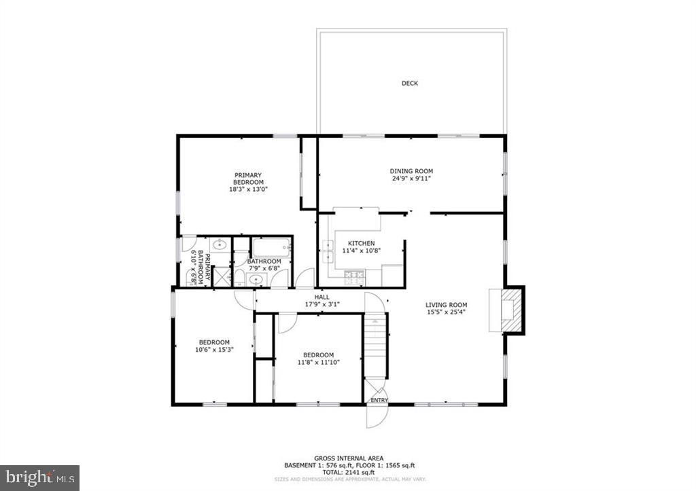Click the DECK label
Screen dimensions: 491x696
coord(409,84)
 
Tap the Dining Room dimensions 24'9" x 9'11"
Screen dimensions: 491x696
coord(411,179)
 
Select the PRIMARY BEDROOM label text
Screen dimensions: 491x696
coord(248,179)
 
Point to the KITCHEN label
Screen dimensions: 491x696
coord(361,243)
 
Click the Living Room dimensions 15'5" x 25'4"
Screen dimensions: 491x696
coord(446,313)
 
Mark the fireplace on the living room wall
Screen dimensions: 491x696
coord(508,310)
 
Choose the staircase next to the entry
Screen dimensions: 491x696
coord(375,346)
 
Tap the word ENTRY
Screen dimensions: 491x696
coord(379,401)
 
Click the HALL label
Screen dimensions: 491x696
coord(321,297)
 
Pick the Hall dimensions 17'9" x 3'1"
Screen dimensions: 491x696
coord(322,304)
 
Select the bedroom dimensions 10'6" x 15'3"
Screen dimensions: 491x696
coord(214,350)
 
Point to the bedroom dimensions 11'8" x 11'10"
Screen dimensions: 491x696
coord(318,363)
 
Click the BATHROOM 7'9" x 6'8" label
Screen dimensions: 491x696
coord(264,265)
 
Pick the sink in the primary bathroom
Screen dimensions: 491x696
coord(220,244)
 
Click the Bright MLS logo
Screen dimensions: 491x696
coord(40,477)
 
